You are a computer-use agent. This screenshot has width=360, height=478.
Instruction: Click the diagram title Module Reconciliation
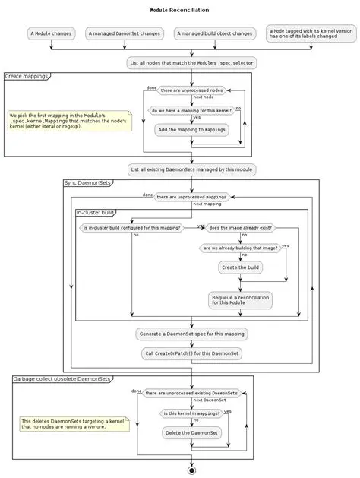click(180, 10)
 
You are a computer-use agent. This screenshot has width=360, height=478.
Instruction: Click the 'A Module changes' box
click(51, 33)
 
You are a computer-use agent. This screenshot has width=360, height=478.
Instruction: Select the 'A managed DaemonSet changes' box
click(124, 33)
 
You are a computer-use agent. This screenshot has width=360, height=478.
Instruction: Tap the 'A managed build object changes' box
click(214, 33)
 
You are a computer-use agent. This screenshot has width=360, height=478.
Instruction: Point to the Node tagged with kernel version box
click(311, 33)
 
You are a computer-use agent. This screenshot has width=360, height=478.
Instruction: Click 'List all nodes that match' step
click(191, 62)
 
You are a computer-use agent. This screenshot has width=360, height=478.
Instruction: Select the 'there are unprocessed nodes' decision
click(191, 90)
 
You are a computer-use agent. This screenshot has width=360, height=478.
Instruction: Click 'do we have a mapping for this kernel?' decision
click(191, 110)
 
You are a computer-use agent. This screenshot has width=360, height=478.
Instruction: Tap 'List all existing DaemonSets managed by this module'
click(191, 169)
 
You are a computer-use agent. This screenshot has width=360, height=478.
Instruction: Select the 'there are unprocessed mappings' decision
click(191, 197)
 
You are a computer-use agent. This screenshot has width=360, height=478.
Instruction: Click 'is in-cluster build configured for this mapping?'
click(131, 227)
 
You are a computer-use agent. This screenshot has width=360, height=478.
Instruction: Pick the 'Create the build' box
click(240, 267)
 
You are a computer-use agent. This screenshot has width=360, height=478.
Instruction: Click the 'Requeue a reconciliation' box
click(240, 299)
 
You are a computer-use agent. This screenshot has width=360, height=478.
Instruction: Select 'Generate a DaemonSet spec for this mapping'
click(191, 334)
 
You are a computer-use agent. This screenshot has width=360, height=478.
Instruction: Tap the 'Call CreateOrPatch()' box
click(191, 353)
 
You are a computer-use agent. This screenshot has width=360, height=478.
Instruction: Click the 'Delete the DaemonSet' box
click(191, 432)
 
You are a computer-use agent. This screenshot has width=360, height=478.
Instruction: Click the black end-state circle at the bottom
click(191, 470)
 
